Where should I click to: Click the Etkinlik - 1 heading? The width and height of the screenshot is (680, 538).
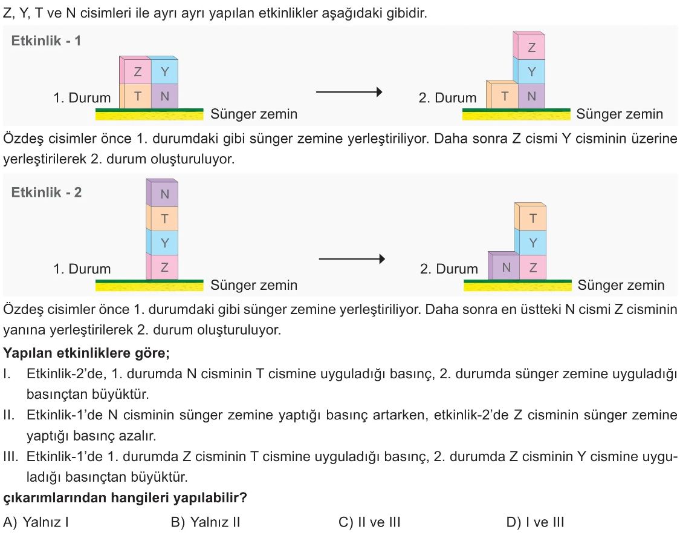(x=46, y=41)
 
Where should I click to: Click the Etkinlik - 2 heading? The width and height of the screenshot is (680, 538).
(x=47, y=192)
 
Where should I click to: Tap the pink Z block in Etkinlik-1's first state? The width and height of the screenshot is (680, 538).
(x=135, y=70)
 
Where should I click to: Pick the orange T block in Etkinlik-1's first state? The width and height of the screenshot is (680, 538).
(x=135, y=96)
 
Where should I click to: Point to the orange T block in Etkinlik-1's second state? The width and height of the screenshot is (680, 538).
(x=502, y=94)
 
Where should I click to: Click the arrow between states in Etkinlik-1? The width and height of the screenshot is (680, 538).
(x=349, y=92)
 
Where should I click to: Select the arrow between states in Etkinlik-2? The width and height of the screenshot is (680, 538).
(x=352, y=259)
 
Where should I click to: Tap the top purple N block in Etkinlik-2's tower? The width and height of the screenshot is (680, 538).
(x=162, y=193)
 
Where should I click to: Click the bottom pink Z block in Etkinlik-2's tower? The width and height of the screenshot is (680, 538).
(x=162, y=267)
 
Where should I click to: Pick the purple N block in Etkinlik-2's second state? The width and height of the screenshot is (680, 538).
(x=504, y=266)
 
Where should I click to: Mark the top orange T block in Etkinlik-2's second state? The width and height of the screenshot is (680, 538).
(x=530, y=217)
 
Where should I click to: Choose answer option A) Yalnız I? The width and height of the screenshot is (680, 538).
(x=36, y=522)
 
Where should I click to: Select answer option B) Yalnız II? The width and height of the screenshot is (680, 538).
(x=206, y=522)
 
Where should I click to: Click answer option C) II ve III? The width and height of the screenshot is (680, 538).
(x=369, y=522)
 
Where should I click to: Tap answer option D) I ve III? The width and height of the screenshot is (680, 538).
(x=536, y=522)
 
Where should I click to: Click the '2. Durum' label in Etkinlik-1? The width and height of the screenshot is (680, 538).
(x=447, y=97)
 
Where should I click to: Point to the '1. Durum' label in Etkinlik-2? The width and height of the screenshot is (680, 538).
(x=82, y=269)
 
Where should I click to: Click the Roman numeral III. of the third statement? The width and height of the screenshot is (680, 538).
(x=11, y=456)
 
